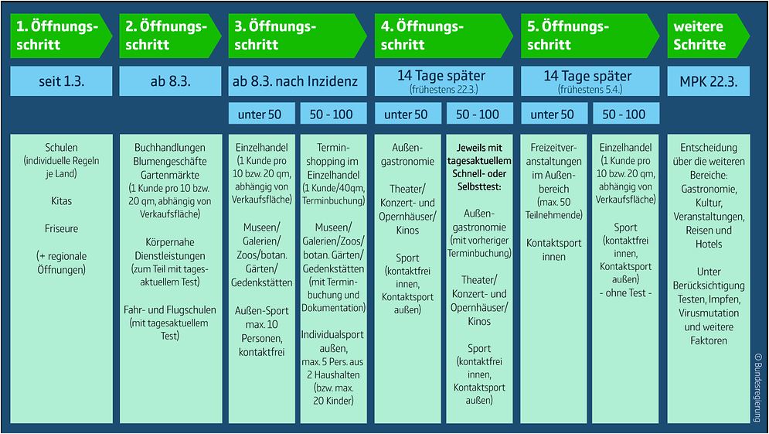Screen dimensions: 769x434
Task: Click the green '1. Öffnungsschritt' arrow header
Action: [x=61, y=36]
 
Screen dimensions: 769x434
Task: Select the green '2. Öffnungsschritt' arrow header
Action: [x=170, y=36]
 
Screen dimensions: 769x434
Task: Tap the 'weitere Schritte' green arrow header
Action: [x=708, y=36]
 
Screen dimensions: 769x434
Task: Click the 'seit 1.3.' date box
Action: [x=61, y=81]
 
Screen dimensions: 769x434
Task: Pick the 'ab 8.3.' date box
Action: [x=170, y=81]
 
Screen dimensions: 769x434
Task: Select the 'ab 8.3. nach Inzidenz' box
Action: [x=298, y=81]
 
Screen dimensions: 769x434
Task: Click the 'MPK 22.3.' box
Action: [x=708, y=81]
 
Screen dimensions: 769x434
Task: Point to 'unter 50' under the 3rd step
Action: [x=262, y=114]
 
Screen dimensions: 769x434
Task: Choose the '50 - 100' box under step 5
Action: [x=625, y=114]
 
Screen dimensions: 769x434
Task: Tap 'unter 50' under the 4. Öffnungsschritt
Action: [x=407, y=114]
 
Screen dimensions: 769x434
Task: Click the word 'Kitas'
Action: [x=61, y=201]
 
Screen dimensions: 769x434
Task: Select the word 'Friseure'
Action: [x=61, y=228]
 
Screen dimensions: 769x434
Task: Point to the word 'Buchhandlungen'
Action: [x=170, y=147]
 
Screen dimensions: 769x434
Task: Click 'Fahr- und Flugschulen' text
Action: [x=170, y=309]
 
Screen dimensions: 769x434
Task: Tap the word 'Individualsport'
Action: [x=332, y=335]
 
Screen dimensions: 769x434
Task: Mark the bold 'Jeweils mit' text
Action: [x=479, y=147]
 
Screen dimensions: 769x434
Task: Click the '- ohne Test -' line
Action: [x=625, y=293]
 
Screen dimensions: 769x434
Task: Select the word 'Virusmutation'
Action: [x=708, y=313]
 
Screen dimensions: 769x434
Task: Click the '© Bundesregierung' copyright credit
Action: [x=757, y=387]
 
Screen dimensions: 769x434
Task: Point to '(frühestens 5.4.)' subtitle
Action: [x=590, y=90]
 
